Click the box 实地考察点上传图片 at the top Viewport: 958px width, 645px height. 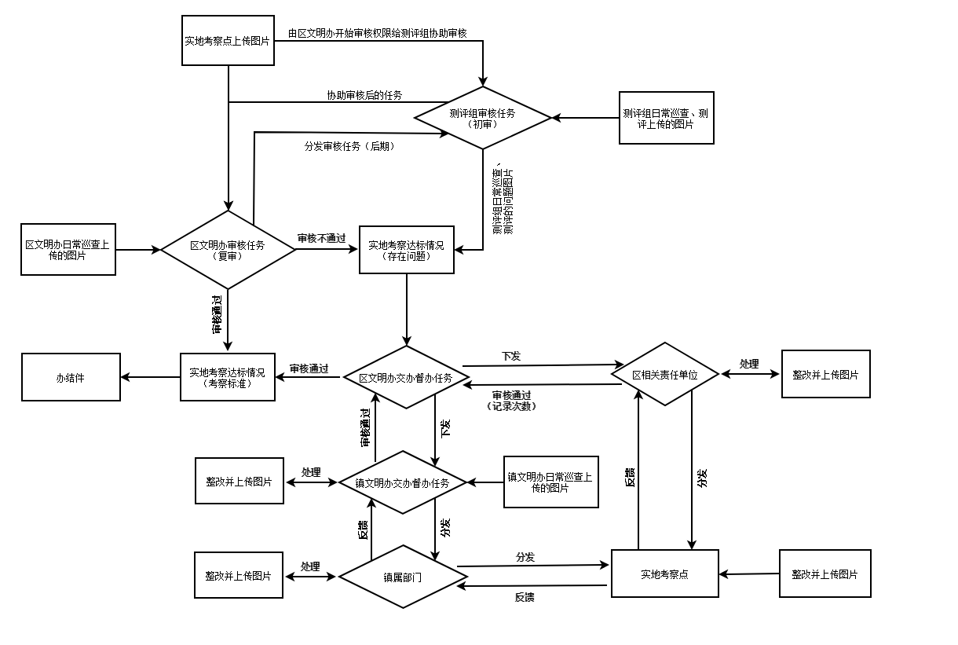pos(228,40)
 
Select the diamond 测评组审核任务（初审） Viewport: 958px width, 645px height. pos(483,118)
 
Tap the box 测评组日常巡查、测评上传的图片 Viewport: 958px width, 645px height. pos(666,118)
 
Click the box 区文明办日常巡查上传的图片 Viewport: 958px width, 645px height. pos(68,250)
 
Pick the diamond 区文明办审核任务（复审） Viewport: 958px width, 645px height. pos(228,250)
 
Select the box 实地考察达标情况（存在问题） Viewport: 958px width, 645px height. pos(406,250)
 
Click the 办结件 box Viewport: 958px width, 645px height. pos(71,377)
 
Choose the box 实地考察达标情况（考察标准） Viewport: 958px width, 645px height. pos(228,377)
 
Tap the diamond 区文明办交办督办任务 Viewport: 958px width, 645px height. pos(406,377)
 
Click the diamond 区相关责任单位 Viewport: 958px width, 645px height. pos(665,374)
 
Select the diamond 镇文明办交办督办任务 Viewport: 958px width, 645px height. pos(403,482)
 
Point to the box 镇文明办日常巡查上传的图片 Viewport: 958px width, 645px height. pos(550,482)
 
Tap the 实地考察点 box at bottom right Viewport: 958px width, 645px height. pos(664,574)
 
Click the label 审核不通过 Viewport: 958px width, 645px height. pos(321,238)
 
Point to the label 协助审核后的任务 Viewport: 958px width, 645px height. pos(364,95)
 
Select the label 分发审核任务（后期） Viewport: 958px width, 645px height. pos(349,146)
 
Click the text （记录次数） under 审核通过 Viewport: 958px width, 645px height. pos(511,406)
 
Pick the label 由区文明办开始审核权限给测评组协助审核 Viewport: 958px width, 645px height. pos(378,33)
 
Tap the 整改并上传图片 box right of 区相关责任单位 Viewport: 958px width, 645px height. pos(825,374)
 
